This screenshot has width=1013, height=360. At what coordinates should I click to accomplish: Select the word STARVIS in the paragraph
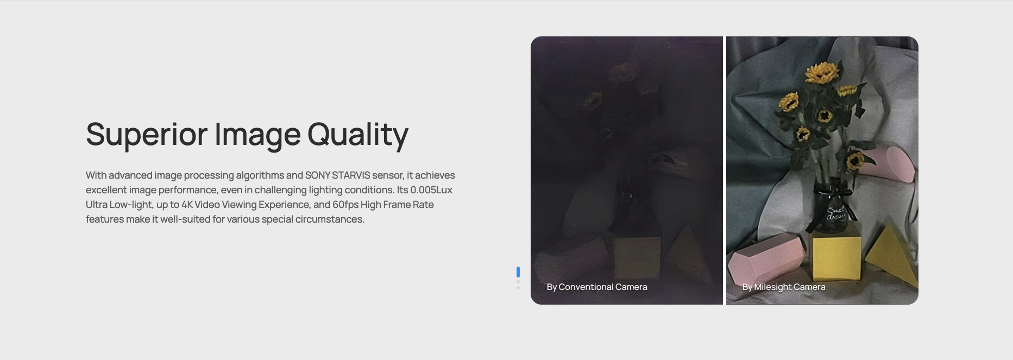(351, 175)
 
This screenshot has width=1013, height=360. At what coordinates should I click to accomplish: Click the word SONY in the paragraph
(318, 175)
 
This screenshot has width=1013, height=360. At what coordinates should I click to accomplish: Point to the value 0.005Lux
(431, 190)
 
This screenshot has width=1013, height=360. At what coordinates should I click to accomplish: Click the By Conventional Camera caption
(597, 287)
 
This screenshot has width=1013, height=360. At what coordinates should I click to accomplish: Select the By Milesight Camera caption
(784, 287)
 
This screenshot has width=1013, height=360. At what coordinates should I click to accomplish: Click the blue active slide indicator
(518, 272)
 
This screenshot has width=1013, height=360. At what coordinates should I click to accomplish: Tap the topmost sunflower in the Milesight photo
(822, 72)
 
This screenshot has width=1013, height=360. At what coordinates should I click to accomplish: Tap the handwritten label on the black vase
(836, 213)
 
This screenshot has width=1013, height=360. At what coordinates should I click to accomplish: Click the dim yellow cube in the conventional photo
(637, 257)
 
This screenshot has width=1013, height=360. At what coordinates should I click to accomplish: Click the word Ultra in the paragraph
(97, 205)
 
